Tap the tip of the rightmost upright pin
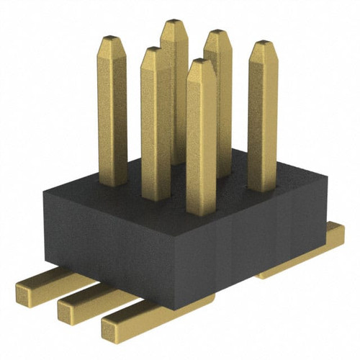pyautogui.click(x=262, y=45)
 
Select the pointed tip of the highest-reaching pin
pyautogui.click(x=174, y=24)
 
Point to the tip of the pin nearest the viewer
pyautogui.click(x=201, y=64)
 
